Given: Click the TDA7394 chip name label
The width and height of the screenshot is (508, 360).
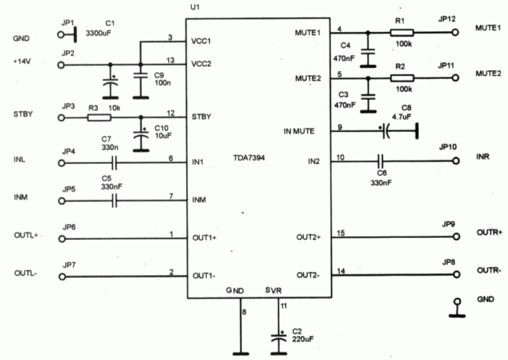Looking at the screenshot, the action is (x=249, y=158).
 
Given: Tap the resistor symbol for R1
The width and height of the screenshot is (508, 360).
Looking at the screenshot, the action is (x=402, y=32).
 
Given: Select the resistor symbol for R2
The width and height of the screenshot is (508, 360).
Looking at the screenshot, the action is (x=402, y=78).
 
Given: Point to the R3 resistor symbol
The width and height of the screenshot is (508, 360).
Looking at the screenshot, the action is (x=99, y=118).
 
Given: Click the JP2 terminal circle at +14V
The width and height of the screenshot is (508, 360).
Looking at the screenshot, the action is (x=61, y=65).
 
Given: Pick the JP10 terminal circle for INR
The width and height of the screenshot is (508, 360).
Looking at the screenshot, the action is (x=456, y=160).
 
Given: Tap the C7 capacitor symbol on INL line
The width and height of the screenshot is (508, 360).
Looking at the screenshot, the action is (x=114, y=163).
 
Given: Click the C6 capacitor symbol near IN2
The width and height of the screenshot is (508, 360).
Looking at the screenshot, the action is (x=381, y=160).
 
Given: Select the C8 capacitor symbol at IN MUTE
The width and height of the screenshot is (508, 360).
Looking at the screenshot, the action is (x=385, y=131).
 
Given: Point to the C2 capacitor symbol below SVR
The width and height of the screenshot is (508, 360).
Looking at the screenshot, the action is (x=278, y=338).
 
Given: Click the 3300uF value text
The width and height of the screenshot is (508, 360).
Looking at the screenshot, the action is (x=98, y=33).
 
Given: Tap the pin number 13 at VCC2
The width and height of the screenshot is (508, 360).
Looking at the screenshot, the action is (x=170, y=60).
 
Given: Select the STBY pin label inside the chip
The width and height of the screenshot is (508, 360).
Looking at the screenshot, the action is (x=201, y=117).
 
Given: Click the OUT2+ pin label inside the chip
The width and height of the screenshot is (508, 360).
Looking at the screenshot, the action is (x=308, y=237).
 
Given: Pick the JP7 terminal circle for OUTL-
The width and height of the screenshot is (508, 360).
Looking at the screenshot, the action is (x=62, y=277).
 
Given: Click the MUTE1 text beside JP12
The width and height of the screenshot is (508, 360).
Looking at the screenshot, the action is (x=488, y=28).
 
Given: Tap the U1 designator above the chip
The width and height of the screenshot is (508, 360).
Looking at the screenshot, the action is (x=195, y=7).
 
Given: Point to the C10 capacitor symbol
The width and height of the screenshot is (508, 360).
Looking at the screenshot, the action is (x=141, y=135).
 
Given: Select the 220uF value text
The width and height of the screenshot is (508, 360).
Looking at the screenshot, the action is (x=303, y=339).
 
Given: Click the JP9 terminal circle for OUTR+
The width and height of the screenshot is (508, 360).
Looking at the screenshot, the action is (x=456, y=237).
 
